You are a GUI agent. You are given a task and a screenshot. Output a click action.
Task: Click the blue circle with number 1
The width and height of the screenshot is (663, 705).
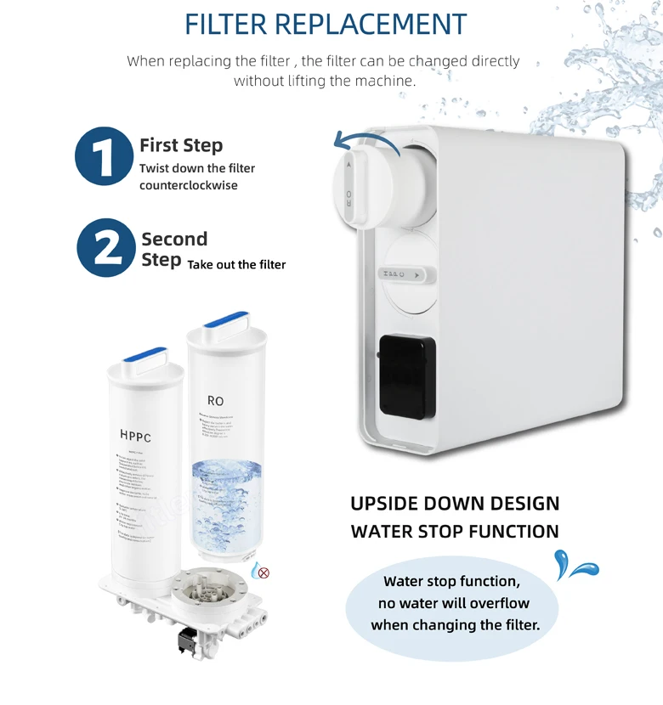pyautogui.click(x=105, y=155)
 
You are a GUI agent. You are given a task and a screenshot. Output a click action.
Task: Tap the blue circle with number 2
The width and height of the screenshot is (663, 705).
pyautogui.click(x=106, y=248)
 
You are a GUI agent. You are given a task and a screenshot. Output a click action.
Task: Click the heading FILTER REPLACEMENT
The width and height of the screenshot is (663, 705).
pyautogui.click(x=326, y=24)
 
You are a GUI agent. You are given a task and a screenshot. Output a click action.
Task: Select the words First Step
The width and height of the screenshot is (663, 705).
pyautogui.click(x=181, y=145)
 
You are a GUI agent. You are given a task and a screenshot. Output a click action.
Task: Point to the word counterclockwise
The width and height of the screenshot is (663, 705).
pyautogui.click(x=189, y=185)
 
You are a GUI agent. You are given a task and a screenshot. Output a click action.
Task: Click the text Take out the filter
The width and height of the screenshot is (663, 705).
pyautogui.click(x=236, y=265)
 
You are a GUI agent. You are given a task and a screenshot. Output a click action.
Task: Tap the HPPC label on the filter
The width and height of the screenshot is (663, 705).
pyautogui.click(x=135, y=437)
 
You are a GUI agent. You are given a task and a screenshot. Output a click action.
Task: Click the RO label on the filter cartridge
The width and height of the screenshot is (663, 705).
pyautogui.click(x=215, y=400)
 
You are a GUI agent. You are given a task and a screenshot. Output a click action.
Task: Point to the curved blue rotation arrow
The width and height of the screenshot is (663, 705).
pyautogui.click(x=361, y=139)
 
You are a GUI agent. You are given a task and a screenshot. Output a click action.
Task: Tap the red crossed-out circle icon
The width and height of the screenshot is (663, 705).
pyautogui.click(x=263, y=572)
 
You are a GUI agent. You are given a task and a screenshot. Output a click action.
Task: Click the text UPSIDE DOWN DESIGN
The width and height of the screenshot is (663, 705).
pyautogui.click(x=455, y=503)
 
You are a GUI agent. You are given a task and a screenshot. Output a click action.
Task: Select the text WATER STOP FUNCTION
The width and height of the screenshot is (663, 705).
pyautogui.click(x=455, y=532)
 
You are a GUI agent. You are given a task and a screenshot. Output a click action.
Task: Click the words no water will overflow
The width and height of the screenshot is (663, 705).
pyautogui.click(x=453, y=603)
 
